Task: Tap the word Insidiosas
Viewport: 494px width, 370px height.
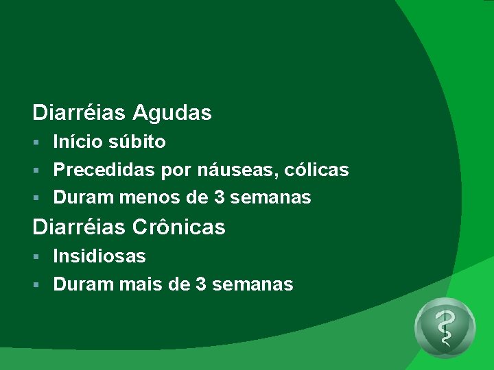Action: click(x=99, y=256)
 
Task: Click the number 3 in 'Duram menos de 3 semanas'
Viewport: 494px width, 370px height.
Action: click(x=219, y=198)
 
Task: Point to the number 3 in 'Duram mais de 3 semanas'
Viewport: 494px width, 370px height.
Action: click(x=201, y=284)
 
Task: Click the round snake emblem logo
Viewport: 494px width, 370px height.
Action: click(x=445, y=328)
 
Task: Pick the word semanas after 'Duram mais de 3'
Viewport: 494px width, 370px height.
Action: click(x=253, y=284)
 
